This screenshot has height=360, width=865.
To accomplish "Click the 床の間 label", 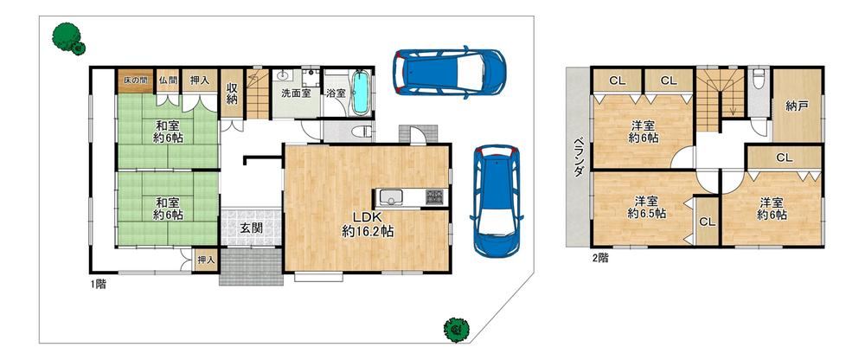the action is click(133, 80).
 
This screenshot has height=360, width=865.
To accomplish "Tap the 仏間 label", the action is click(168, 80).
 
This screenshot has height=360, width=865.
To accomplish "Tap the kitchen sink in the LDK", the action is click(392, 196).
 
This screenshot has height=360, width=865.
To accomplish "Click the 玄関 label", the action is click(251, 227).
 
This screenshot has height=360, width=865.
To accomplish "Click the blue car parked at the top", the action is click(448, 72).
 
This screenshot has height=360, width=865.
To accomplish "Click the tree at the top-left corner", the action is click(68, 38).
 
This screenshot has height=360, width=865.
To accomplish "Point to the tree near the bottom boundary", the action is click(456, 330).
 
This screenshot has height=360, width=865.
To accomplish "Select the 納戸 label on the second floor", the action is click(798, 106).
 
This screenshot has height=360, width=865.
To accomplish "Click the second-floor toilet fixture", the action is click(759, 75).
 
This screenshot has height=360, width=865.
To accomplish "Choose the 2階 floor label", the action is click(600, 257).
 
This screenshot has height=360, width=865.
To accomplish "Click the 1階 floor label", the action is click(99, 285).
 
